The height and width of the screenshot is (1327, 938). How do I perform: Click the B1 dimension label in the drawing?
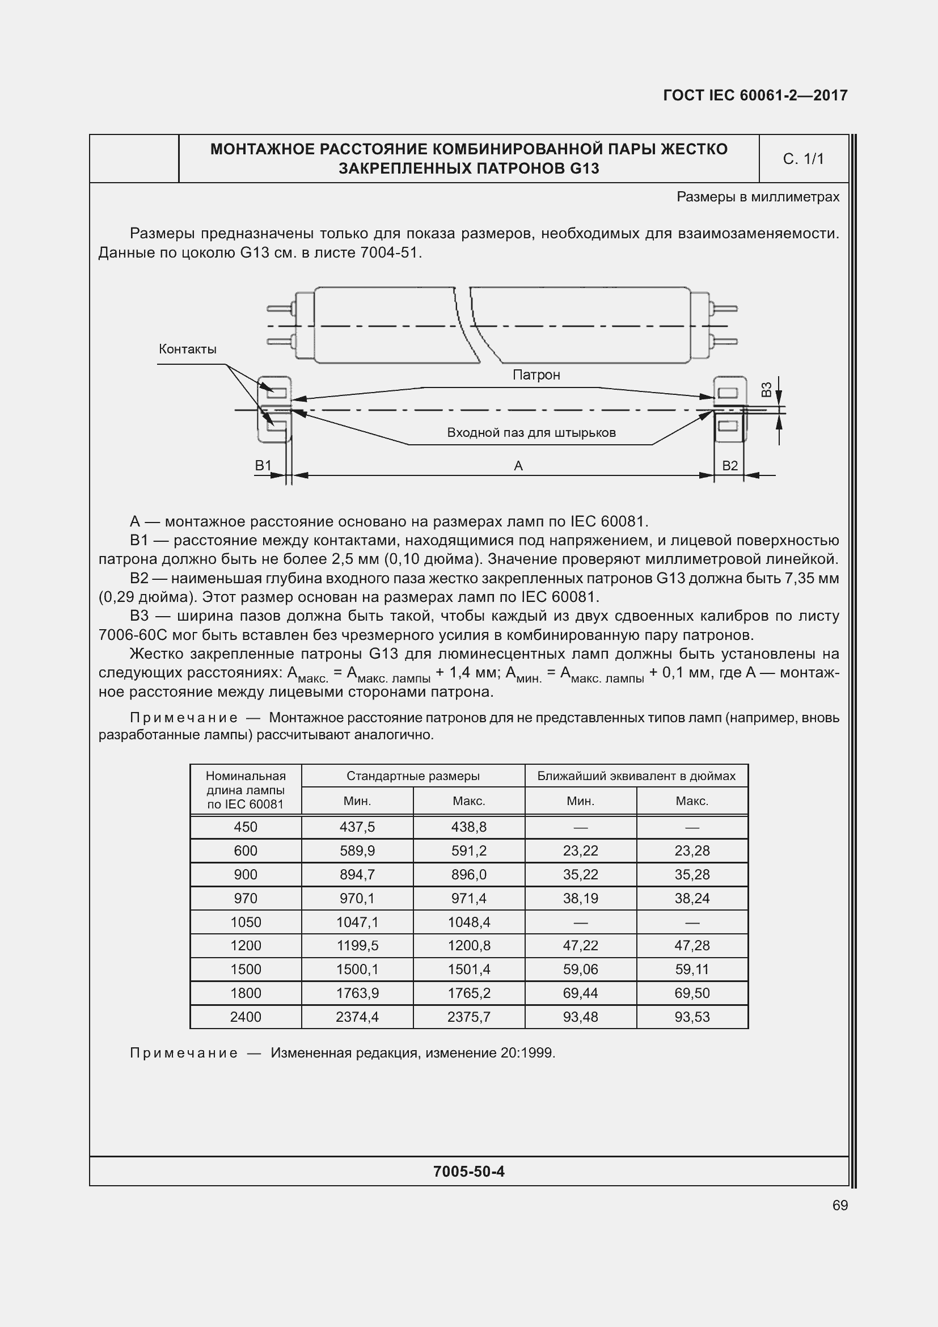click(x=263, y=466)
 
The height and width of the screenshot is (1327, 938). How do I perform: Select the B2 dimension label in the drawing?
click(x=730, y=466)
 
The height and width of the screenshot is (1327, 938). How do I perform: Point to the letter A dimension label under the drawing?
click(x=518, y=466)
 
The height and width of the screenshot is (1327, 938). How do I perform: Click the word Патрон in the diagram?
click(x=536, y=374)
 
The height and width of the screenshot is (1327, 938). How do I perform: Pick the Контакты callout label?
click(x=188, y=349)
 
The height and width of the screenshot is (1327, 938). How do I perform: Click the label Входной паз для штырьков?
click(x=531, y=432)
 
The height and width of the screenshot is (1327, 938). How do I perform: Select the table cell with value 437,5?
click(x=357, y=827)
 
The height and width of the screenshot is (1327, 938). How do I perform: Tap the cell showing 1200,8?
click(x=468, y=946)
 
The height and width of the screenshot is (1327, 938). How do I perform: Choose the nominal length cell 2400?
click(x=246, y=1017)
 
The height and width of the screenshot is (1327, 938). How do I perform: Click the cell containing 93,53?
click(x=692, y=1017)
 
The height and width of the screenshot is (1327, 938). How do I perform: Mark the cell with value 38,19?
click(x=581, y=898)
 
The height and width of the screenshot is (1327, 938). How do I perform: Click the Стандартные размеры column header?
click(x=413, y=776)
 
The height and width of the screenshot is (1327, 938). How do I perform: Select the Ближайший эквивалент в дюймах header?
click(x=636, y=776)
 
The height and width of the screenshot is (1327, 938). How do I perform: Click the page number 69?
click(x=840, y=1205)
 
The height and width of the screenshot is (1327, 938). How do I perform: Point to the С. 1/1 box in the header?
click(x=803, y=159)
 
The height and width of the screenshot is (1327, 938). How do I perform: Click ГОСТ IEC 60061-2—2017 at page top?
click(x=755, y=95)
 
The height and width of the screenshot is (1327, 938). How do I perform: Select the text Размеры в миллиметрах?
click(x=758, y=197)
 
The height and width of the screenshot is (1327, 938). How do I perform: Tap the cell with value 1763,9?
click(x=357, y=993)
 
